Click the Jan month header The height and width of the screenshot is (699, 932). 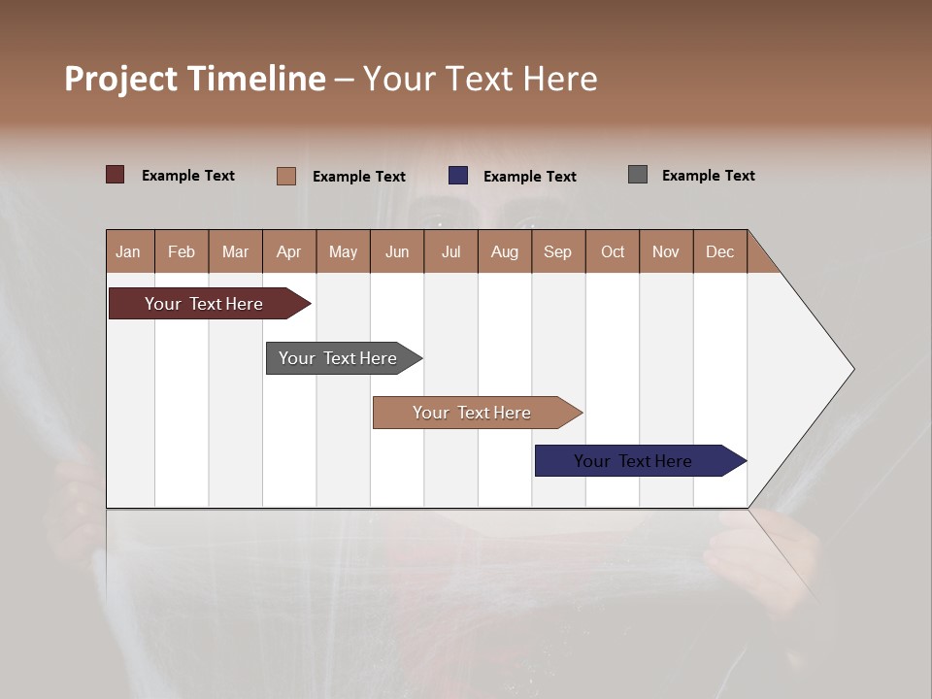click(x=129, y=251)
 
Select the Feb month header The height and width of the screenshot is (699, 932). click(x=182, y=251)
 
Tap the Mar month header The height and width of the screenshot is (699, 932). click(x=235, y=251)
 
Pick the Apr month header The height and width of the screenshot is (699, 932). click(x=288, y=251)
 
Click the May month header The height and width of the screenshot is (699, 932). click(x=343, y=251)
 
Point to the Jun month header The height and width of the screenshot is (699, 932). click(x=397, y=251)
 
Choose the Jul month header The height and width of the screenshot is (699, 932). click(x=450, y=251)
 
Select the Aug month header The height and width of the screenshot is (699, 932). click(x=504, y=251)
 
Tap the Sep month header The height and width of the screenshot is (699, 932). click(x=557, y=251)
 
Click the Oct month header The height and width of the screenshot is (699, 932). click(x=613, y=251)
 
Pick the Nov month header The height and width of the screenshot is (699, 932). click(x=666, y=251)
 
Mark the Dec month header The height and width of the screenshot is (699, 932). click(x=719, y=251)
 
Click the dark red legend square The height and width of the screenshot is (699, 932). click(x=116, y=175)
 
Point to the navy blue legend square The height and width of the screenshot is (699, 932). click(x=458, y=175)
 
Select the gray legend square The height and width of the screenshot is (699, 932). click(x=638, y=175)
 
